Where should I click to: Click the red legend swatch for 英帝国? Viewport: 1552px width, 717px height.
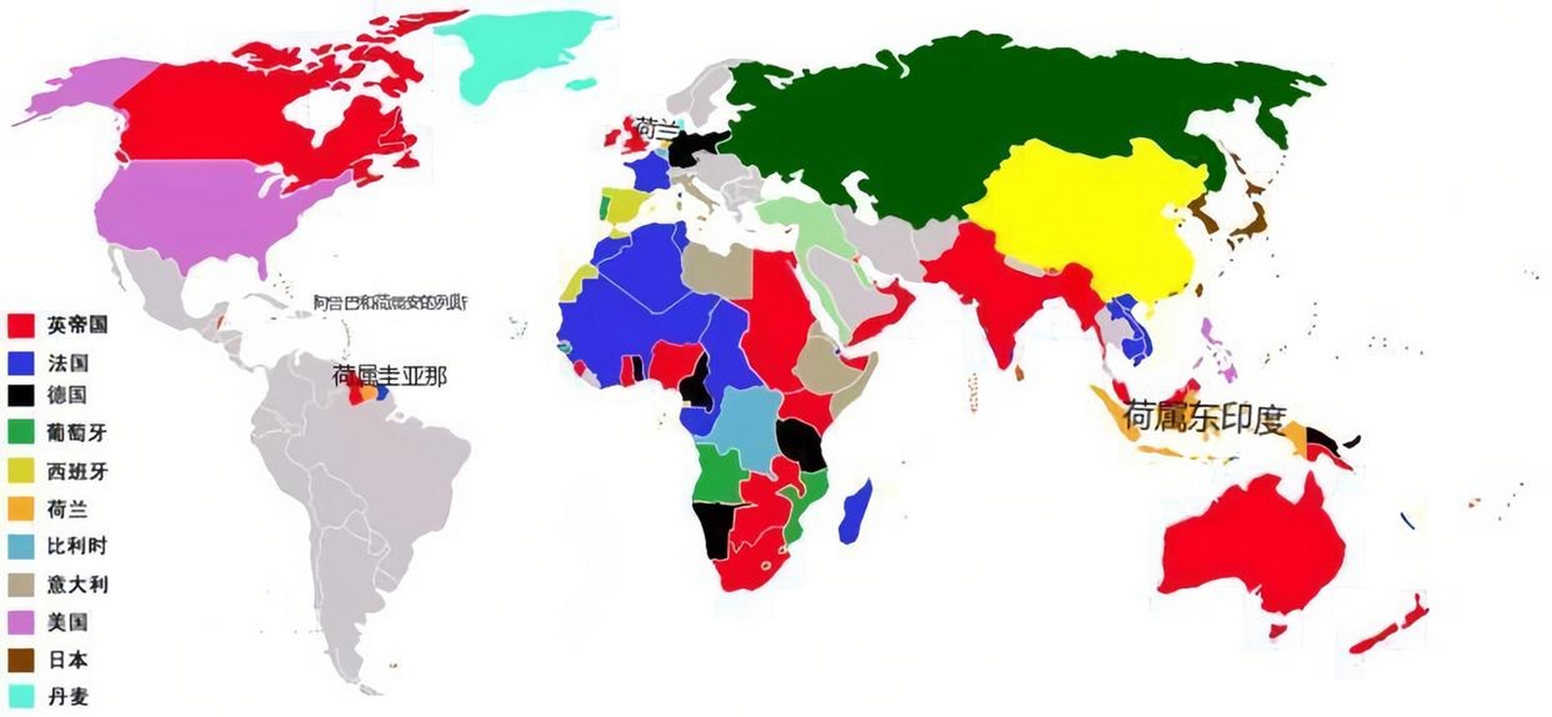tap(21, 325)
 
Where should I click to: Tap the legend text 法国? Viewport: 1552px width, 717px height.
tap(68, 364)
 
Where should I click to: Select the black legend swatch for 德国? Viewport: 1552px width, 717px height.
tap(21, 395)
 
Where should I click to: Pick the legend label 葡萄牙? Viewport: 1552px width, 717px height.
tap(77, 432)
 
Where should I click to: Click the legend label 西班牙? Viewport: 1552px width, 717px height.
tap(77, 471)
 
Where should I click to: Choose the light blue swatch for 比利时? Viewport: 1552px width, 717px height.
tap(21, 547)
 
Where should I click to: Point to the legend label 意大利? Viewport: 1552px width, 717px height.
tap(77, 584)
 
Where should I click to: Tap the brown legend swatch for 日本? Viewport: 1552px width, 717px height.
tap(21, 660)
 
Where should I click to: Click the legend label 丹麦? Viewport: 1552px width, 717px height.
tap(68, 697)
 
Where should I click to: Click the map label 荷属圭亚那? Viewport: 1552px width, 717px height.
tap(389, 376)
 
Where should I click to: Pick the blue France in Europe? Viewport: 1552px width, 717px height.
tap(648, 172)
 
